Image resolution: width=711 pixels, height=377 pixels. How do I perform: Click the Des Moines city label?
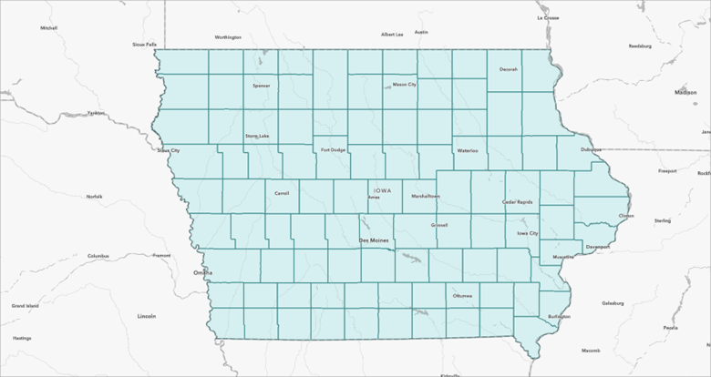point(374,240)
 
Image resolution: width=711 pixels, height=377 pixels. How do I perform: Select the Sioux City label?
point(169,150)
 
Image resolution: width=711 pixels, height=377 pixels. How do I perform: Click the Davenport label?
point(598,246)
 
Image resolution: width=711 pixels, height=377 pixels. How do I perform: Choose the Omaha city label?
point(202,272)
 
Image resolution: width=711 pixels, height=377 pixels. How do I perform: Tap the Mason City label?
point(404,85)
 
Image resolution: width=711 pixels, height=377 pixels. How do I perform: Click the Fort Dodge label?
point(331,149)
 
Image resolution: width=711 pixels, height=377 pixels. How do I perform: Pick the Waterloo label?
point(468,150)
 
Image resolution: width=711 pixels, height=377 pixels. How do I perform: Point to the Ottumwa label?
point(462,296)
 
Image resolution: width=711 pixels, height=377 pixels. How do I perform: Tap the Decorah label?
point(509,69)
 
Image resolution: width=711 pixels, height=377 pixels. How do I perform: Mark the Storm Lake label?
point(257,137)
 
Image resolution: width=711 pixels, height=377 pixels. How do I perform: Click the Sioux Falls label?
point(145,43)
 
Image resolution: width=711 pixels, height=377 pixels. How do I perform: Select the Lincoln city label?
point(146,315)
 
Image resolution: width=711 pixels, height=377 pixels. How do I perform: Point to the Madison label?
point(685,92)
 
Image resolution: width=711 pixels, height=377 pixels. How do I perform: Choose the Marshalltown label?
point(426,196)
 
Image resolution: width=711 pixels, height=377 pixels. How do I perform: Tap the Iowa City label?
point(528,233)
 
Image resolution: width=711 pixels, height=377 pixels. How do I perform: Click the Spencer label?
point(262,86)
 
